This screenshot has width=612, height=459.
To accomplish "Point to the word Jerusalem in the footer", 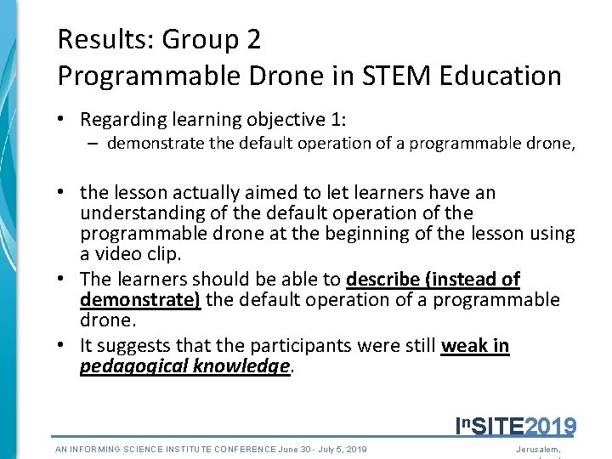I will pos(543,449).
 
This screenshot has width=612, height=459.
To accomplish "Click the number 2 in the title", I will pos(253,39).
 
